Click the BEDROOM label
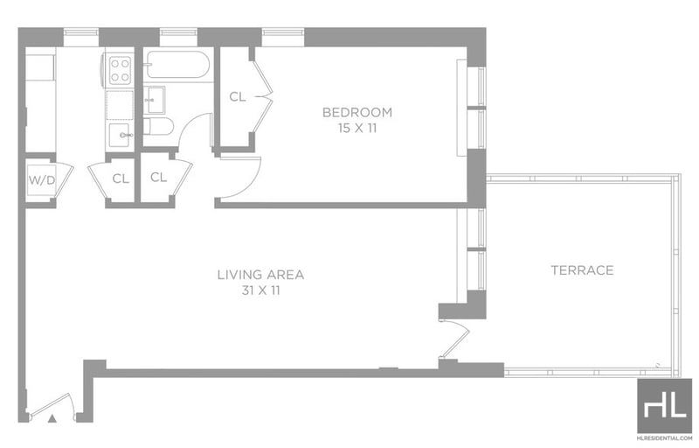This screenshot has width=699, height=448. coord(357,112)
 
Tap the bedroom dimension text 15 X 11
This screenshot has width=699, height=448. coord(357,129)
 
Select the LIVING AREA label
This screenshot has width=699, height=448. coord(260,275)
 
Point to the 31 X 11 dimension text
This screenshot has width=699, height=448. coord(260,290)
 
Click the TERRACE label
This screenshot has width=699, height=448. coord(582,270)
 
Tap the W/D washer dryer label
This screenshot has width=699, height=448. coord(41,180)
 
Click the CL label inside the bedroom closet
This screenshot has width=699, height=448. coord(237,96)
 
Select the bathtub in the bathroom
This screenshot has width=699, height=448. coord(177,65)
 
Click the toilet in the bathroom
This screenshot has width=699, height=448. coord(158,127)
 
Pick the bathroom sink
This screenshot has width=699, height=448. coord(155,100)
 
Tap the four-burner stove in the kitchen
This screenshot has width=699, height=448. coord(120,70)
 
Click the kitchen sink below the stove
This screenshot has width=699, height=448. coord(121,135)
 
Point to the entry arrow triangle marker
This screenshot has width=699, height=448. coord(52,418)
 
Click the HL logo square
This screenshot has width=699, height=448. coord(664,406)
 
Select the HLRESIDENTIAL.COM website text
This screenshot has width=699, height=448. coord(664,439)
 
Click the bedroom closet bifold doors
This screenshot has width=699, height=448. coord(263,95)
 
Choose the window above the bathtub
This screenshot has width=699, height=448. coord(178,32)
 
